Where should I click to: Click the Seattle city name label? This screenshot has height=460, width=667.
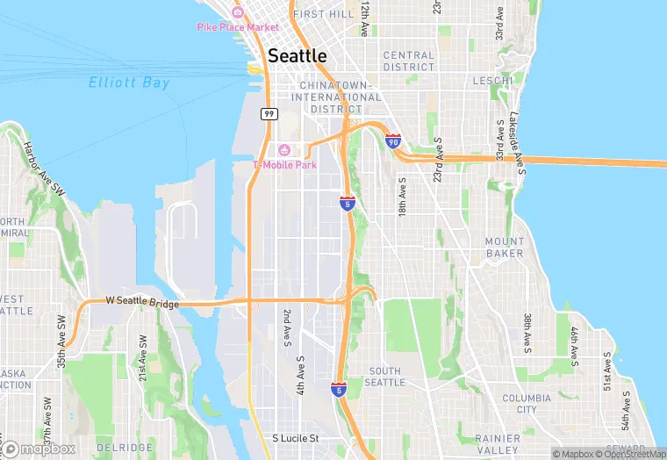point(297,55)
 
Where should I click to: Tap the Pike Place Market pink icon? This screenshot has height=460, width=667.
point(237,13)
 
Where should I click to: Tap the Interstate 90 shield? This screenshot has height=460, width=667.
point(393,141)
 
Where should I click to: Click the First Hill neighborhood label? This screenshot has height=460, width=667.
point(324,15)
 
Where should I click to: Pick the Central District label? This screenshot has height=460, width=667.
point(409,61)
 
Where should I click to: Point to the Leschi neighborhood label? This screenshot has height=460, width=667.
point(492,81)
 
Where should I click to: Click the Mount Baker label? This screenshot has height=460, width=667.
point(505,248)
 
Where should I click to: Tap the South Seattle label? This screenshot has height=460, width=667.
point(385,377)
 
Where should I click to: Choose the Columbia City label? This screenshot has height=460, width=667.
point(527,404)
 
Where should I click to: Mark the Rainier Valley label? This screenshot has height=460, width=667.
point(498,444)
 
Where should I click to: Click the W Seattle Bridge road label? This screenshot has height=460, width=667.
point(142,302)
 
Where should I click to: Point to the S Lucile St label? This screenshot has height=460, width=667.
point(295,438)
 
